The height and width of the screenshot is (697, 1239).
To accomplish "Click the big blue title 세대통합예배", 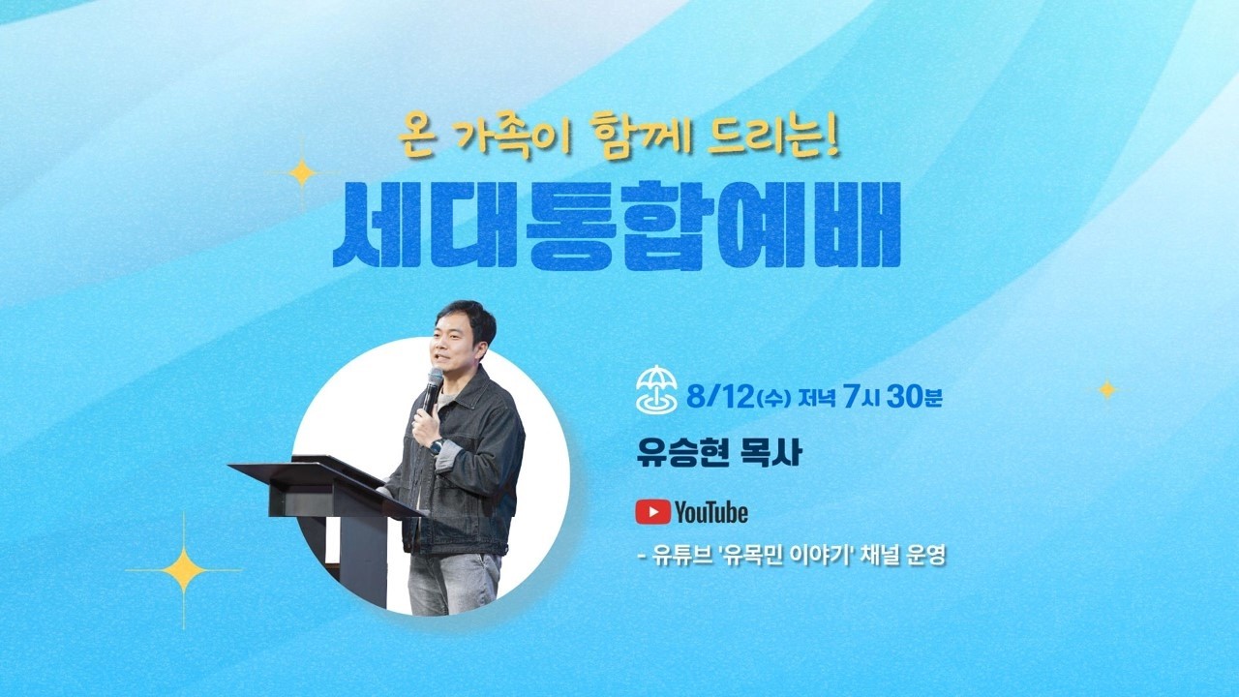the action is pyautogui.click(x=617, y=227).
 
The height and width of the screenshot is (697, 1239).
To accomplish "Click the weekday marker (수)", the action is pyautogui.click(x=773, y=398).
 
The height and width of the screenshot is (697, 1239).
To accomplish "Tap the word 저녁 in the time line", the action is pyautogui.click(x=816, y=398).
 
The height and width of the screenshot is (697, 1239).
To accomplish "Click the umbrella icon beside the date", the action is pyautogui.click(x=656, y=389).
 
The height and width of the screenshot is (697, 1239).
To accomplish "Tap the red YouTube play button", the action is pyautogui.click(x=653, y=512).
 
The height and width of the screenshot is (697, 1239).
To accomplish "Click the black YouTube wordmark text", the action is pyautogui.click(x=711, y=513).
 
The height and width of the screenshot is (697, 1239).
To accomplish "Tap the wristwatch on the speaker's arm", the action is pyautogui.click(x=437, y=446).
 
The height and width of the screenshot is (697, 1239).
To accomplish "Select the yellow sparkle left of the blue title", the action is pyautogui.click(x=302, y=173).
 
